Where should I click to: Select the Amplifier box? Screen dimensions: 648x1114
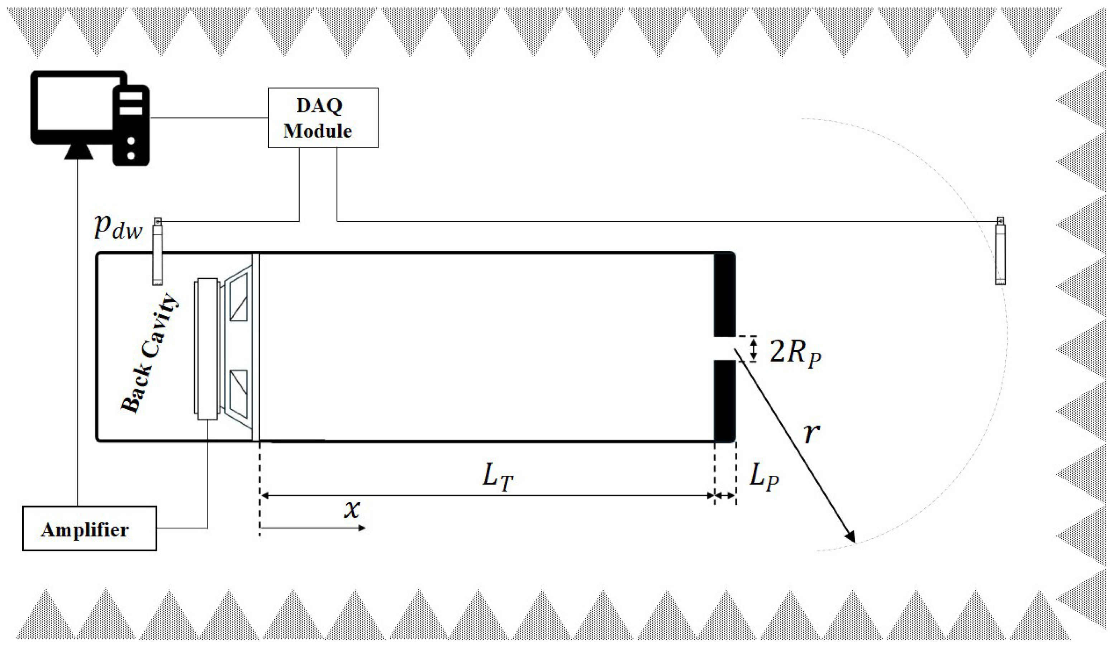(89, 529)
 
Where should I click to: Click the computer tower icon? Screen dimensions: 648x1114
(131, 125)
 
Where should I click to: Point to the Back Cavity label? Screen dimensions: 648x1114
(150, 354)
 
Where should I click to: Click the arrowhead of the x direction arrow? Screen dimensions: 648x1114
(361, 528)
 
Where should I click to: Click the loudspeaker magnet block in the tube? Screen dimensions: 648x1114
(206, 349)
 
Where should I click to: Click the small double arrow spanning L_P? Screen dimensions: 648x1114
(725, 496)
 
